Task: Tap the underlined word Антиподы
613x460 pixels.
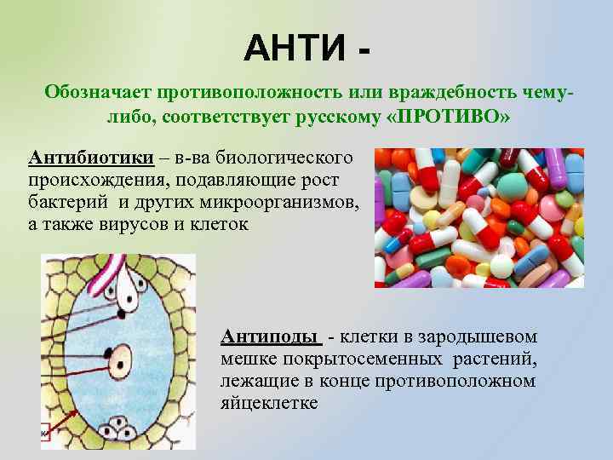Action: [x=271, y=336]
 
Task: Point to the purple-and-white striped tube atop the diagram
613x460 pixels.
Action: [x=109, y=270]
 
